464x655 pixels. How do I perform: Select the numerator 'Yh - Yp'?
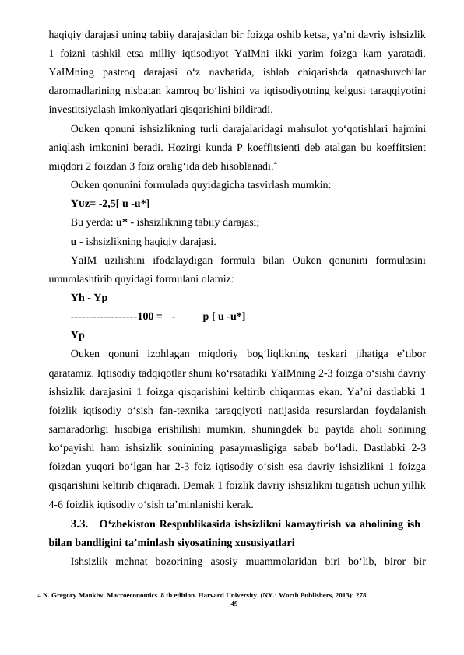click(x=89, y=298)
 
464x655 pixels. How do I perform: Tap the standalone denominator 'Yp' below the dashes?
click(x=78, y=335)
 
